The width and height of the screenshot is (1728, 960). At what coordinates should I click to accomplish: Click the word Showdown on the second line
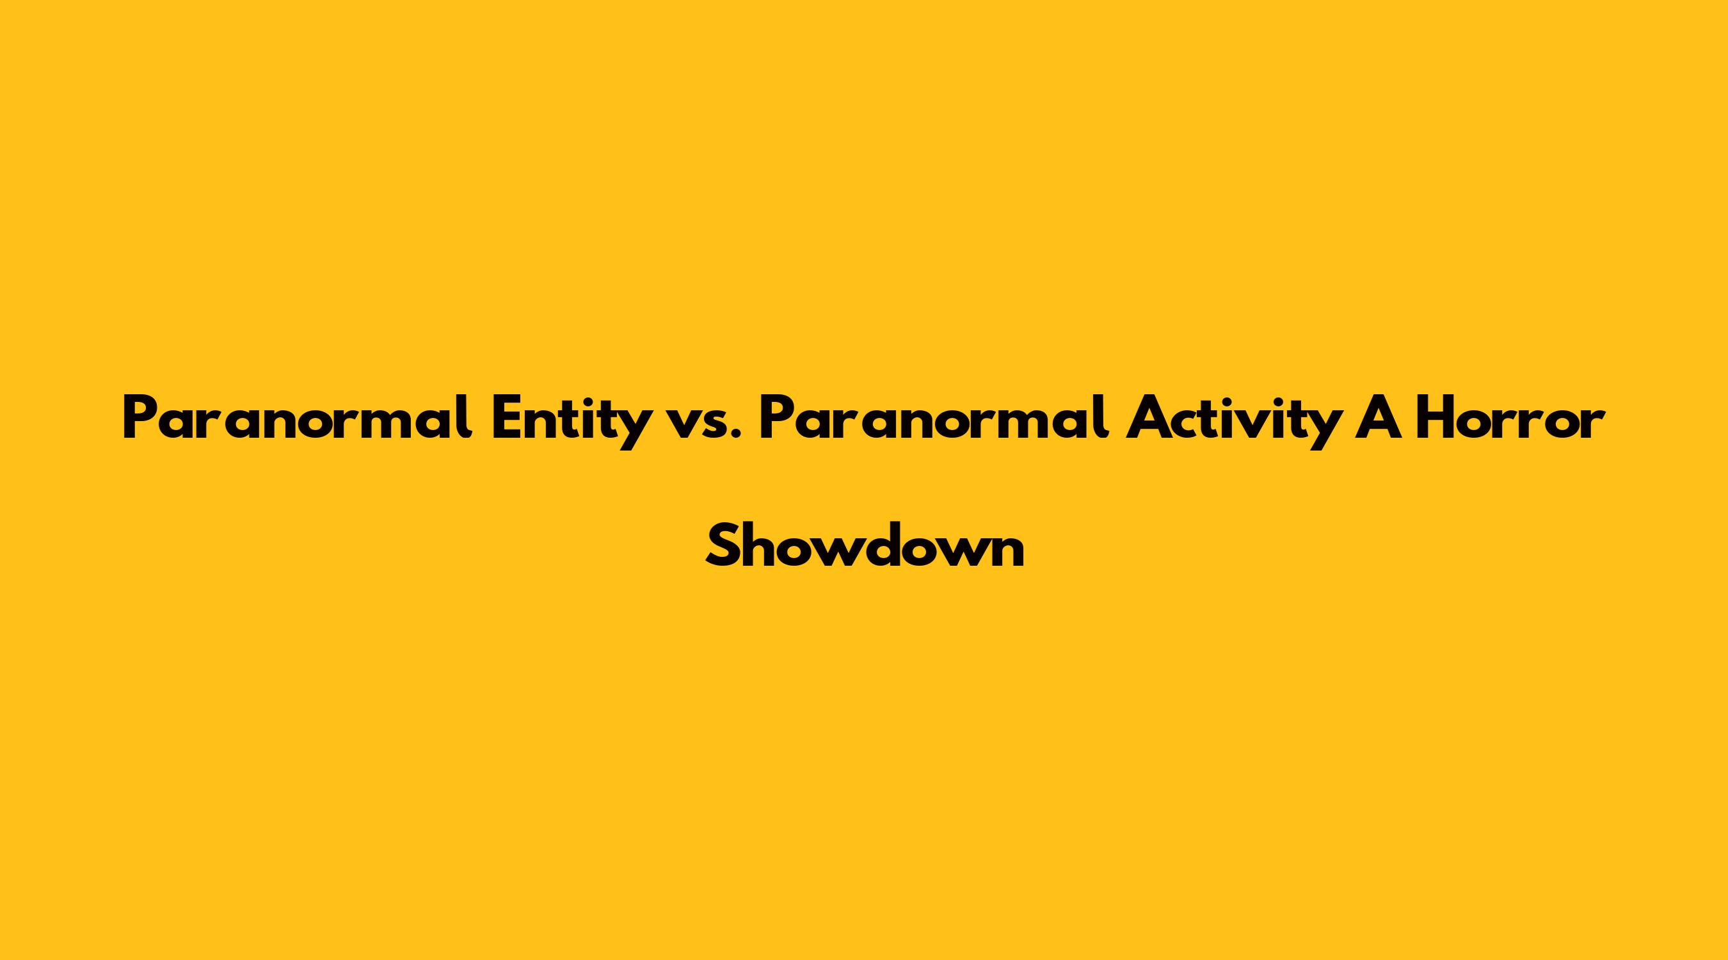pyautogui.click(x=865, y=544)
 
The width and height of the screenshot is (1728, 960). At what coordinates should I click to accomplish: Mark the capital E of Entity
pyautogui.click(x=508, y=419)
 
